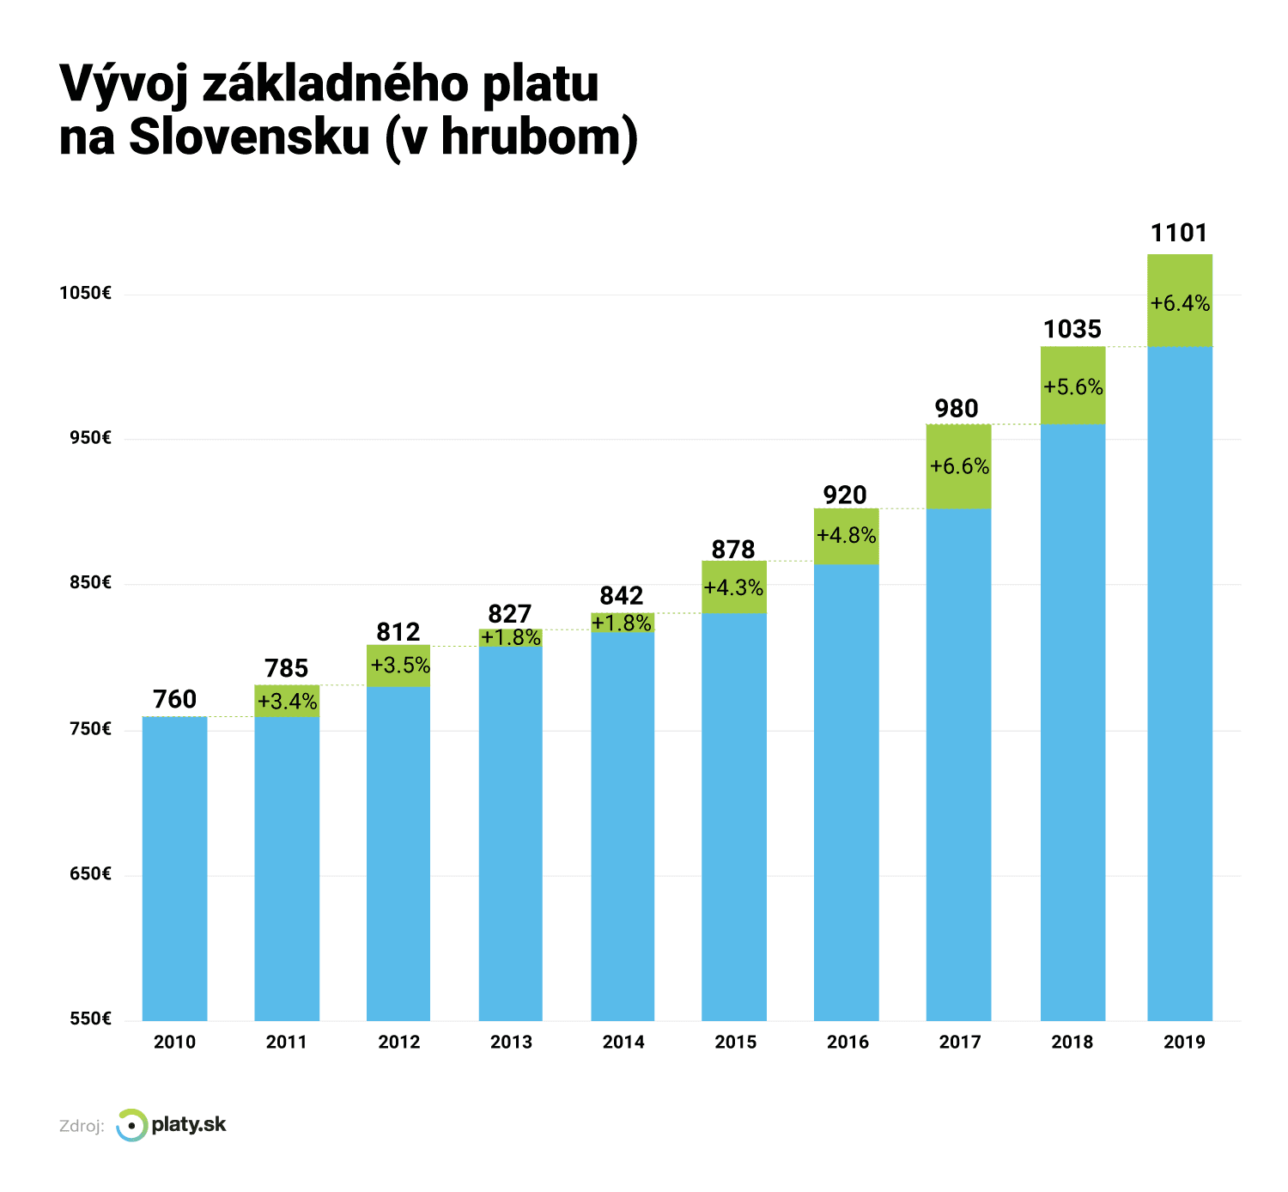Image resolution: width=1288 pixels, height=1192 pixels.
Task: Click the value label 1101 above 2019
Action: [1179, 233]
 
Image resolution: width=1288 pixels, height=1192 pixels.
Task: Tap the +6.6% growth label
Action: [959, 466]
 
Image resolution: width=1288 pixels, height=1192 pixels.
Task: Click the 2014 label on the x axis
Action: [623, 1042]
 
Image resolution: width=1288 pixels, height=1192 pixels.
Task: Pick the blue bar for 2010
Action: [174, 867]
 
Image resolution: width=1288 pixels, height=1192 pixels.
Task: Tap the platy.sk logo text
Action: [189, 1124]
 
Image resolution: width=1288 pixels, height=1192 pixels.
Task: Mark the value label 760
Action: [175, 699]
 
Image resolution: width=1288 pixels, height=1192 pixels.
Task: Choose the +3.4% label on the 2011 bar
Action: [288, 701]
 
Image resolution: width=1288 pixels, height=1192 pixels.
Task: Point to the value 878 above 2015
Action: [733, 549]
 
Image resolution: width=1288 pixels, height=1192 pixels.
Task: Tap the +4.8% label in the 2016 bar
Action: [847, 535]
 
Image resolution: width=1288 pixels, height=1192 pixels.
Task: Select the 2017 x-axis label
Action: [960, 1042]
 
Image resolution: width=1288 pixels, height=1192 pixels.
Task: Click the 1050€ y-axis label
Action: [85, 293]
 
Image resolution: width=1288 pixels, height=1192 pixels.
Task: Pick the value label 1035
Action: [1072, 329]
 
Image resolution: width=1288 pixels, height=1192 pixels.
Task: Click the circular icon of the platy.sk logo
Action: [131, 1125]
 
